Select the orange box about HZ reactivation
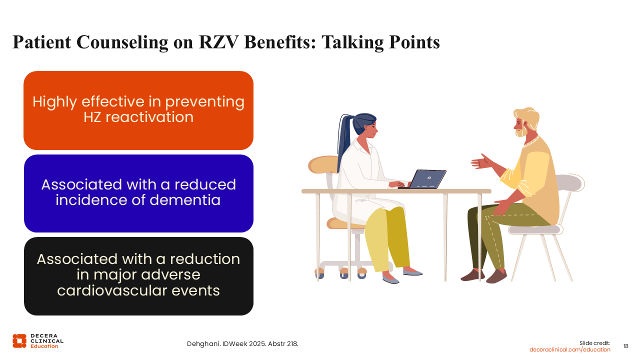[138, 110]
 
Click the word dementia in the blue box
[185, 199]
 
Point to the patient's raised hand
[481, 162]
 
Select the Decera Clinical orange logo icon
[19, 341]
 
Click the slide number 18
[625, 346]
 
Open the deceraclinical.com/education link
[569, 349]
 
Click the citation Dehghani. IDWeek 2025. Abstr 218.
[242, 343]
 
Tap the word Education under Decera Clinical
[44, 346]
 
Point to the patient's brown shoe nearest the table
[472, 275]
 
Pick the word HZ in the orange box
[92, 117]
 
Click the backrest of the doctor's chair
[323, 164]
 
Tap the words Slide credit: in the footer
[594, 343]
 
